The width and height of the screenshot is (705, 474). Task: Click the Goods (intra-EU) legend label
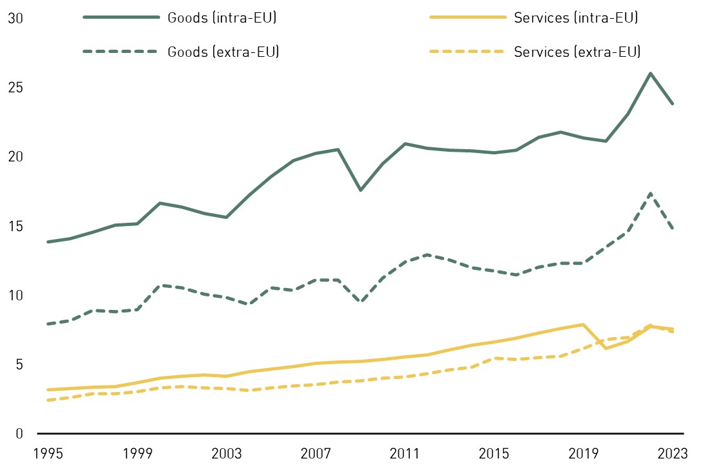point(222,18)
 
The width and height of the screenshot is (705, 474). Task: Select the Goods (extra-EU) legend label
point(223,52)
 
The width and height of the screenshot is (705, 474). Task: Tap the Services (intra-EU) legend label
point(576,18)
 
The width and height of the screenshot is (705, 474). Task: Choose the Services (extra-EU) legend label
point(577,52)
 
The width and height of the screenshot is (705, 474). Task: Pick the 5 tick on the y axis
point(19,365)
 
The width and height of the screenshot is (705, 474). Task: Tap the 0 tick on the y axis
point(19,434)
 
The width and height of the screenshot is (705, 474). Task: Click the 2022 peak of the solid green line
point(650,73)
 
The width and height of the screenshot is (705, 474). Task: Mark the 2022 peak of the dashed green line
point(650,193)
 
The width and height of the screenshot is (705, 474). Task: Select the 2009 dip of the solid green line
point(360,190)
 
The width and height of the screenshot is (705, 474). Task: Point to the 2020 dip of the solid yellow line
point(606,349)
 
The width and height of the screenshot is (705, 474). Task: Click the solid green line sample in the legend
point(121,18)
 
